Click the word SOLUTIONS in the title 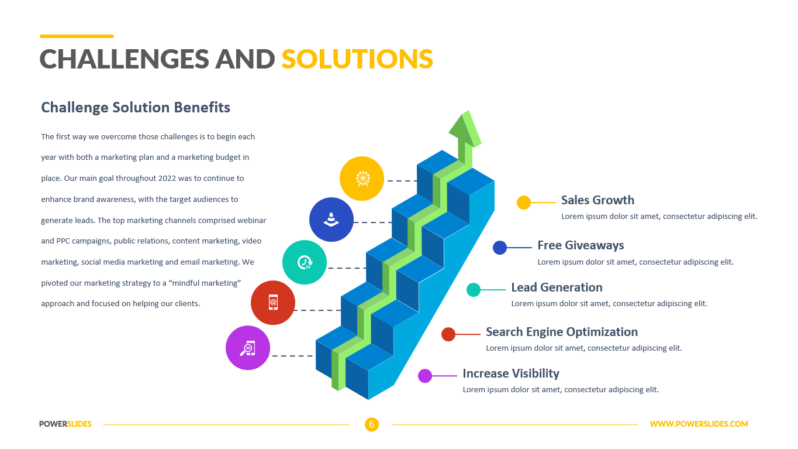[x=357, y=59]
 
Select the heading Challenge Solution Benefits [x=136, y=107]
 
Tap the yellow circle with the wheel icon [x=362, y=179]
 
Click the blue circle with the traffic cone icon [x=331, y=220]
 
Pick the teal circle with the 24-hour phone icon [x=304, y=262]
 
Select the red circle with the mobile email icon [x=273, y=303]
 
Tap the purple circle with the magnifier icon [x=248, y=348]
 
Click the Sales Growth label [x=598, y=200]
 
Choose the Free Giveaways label [x=581, y=245]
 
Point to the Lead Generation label [x=557, y=287]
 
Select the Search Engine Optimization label [x=562, y=332]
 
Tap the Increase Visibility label [x=511, y=373]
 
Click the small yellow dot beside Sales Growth [x=524, y=203]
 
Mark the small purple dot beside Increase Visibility [x=424, y=376]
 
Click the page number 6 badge [x=372, y=424]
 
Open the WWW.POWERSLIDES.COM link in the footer [x=699, y=424]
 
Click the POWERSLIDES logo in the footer [x=65, y=424]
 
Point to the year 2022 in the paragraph [x=167, y=179]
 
